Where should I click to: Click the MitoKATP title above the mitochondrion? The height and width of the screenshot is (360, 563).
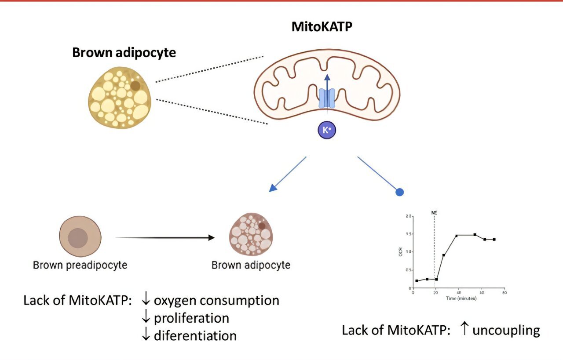click(x=323, y=27)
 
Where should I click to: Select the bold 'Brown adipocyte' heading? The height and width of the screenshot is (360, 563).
click(x=124, y=53)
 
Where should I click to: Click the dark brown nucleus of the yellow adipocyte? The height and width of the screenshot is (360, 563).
click(x=135, y=86)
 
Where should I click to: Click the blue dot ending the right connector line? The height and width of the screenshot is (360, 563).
click(x=399, y=192)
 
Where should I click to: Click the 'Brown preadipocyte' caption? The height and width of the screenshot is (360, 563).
click(x=80, y=265)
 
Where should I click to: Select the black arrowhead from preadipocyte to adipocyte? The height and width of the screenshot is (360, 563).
click(x=211, y=238)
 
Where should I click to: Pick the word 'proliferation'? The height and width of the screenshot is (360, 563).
click(x=191, y=318)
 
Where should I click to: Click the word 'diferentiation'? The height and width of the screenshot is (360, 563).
click(x=195, y=336)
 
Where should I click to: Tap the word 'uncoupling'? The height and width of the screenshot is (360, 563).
click(x=506, y=330)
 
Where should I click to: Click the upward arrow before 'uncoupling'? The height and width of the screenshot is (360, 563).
click(x=464, y=330)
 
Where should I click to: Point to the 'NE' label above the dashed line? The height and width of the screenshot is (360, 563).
click(x=434, y=213)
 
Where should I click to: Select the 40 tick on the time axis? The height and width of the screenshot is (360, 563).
click(x=458, y=292)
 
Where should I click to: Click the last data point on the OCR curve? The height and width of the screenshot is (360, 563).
click(x=494, y=240)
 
